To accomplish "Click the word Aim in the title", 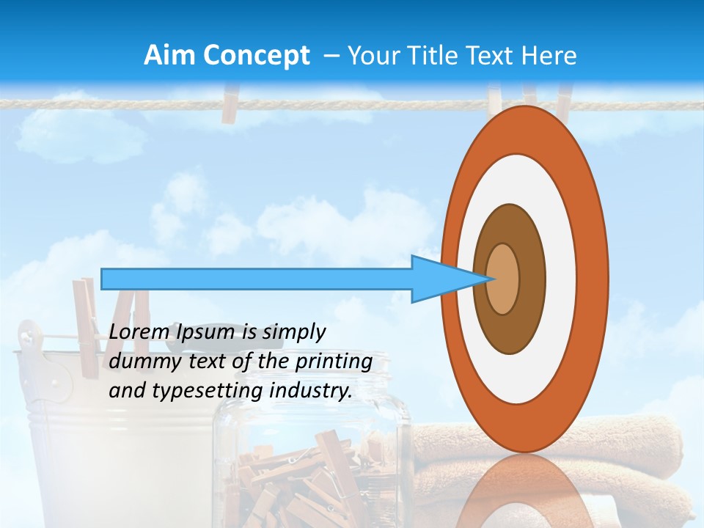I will tap(170, 56).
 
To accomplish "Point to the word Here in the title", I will tap(549, 56).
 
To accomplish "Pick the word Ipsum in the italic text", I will tap(207, 332).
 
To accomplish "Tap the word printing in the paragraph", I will tap(333, 362).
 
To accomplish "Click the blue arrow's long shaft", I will tap(257, 279).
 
